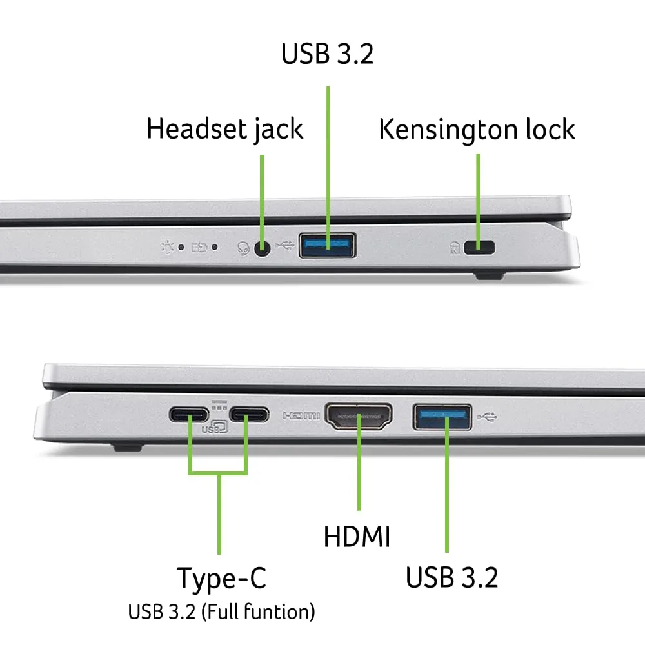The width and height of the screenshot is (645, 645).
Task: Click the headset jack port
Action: click(x=262, y=247)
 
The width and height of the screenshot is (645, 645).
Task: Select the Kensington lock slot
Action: click(x=478, y=246)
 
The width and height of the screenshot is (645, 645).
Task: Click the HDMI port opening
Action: click(x=359, y=417)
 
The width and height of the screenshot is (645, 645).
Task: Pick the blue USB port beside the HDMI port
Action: click(x=442, y=417)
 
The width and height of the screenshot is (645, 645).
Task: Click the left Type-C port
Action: click(x=190, y=414)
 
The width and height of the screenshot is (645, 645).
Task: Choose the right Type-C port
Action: click(x=247, y=414)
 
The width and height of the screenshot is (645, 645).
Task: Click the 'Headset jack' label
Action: click(x=224, y=128)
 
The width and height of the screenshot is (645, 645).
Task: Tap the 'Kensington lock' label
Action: click(x=477, y=129)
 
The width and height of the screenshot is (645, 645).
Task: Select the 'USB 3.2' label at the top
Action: click(x=327, y=54)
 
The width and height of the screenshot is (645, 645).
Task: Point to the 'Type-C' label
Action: click(x=221, y=578)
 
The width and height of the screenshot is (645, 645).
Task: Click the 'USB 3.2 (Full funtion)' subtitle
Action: click(x=221, y=611)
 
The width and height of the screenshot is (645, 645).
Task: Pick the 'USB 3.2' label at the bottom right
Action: click(x=451, y=577)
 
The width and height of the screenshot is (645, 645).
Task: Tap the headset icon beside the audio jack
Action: click(x=243, y=247)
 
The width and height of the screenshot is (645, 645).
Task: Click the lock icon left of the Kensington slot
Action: click(x=454, y=246)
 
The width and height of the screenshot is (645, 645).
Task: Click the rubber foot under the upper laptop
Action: click(x=490, y=275)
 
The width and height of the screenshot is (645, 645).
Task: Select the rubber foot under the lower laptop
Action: click(x=126, y=445)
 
